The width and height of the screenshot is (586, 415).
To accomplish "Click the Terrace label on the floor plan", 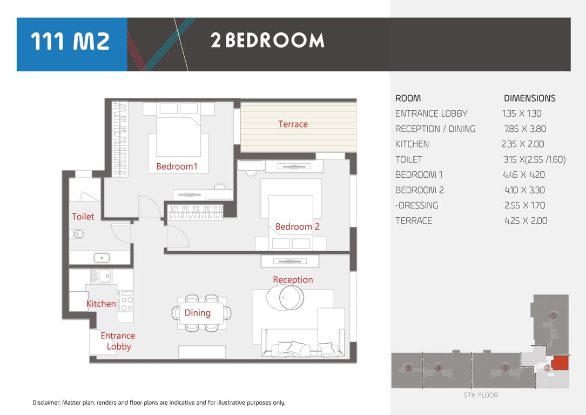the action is pos(293,124).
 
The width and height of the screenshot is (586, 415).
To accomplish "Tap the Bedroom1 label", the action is pos(177,166).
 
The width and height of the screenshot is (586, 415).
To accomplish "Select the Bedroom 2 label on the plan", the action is pos(298,226).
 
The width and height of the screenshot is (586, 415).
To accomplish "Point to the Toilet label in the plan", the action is pos(83,217).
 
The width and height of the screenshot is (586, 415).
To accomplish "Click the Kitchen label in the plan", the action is pos(102,304).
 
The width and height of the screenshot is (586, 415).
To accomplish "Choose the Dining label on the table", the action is pos(198,313).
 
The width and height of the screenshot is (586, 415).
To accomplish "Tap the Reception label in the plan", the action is pos(293,280).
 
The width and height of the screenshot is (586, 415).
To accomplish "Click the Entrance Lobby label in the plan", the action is pos(118,341).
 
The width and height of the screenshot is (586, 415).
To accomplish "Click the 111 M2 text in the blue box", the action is pos(70,41).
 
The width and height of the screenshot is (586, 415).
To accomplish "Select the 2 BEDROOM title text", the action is pos(267,40).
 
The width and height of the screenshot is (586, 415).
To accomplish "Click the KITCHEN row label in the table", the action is pos(412,144).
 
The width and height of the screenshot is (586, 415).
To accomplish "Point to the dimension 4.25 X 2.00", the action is pos(526,221).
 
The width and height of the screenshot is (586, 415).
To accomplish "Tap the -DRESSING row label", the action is pos(417,206).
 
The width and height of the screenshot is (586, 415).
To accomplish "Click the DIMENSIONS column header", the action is pos(530,98).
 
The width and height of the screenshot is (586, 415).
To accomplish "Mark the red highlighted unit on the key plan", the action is pos(560,363).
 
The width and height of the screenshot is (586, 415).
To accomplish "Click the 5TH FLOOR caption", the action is pos(481,395).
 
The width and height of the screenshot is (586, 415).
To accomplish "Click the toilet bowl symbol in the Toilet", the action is pos(77,235).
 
